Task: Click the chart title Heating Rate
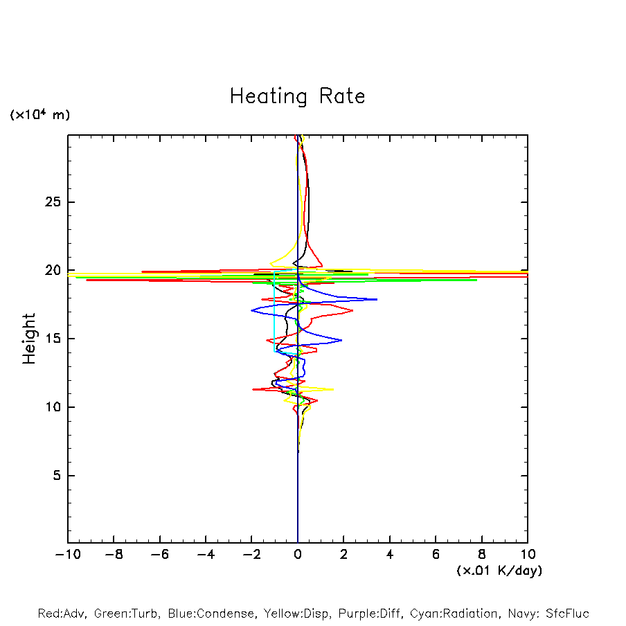point(297,96)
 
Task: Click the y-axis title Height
point(29,339)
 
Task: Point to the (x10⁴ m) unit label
point(39,115)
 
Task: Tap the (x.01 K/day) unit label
point(499,571)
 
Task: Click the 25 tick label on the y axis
point(53,202)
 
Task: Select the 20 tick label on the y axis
point(53,270)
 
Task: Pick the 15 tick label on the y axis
point(53,339)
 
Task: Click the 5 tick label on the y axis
point(57,476)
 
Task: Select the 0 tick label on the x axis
point(298,555)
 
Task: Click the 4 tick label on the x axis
point(390,555)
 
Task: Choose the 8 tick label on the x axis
point(482,555)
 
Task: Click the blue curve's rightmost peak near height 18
point(377,299)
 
